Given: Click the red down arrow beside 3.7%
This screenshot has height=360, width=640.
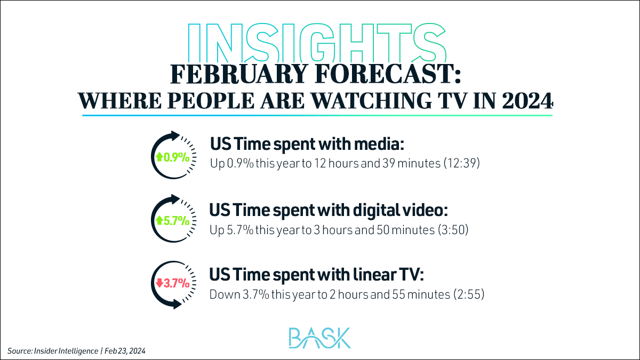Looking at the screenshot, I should point(159,283).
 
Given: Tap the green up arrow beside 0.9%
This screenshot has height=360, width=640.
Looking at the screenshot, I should point(158,157).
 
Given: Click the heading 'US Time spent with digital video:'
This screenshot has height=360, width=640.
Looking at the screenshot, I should point(328,210).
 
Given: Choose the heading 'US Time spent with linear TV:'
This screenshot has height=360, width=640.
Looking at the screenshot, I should point(316,275).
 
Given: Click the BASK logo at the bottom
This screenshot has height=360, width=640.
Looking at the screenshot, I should point(319,337).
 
